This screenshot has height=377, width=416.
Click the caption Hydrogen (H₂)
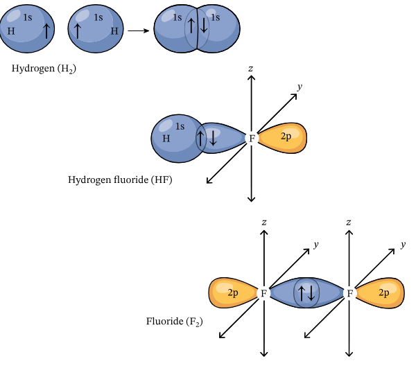(x=43, y=69)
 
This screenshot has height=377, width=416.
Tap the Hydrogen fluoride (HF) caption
(x=120, y=180)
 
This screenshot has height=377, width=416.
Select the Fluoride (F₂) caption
(x=174, y=322)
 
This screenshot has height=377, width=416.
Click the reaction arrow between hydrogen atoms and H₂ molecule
(x=137, y=30)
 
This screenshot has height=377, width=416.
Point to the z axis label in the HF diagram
(x=251, y=69)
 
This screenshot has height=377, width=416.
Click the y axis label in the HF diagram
(x=300, y=87)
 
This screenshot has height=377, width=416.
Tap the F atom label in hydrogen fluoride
(x=252, y=139)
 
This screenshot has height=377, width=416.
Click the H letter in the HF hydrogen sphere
(x=166, y=139)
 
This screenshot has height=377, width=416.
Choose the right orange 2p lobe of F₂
(x=382, y=292)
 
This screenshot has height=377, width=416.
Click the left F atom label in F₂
(x=263, y=293)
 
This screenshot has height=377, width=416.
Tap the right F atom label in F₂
(x=350, y=293)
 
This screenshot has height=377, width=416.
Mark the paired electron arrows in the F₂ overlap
(x=306, y=292)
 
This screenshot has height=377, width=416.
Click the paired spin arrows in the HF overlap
(x=207, y=138)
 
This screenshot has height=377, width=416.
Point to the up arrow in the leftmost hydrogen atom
(x=46, y=30)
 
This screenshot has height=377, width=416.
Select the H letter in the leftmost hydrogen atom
(x=11, y=31)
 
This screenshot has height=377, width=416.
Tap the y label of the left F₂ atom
(x=315, y=245)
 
